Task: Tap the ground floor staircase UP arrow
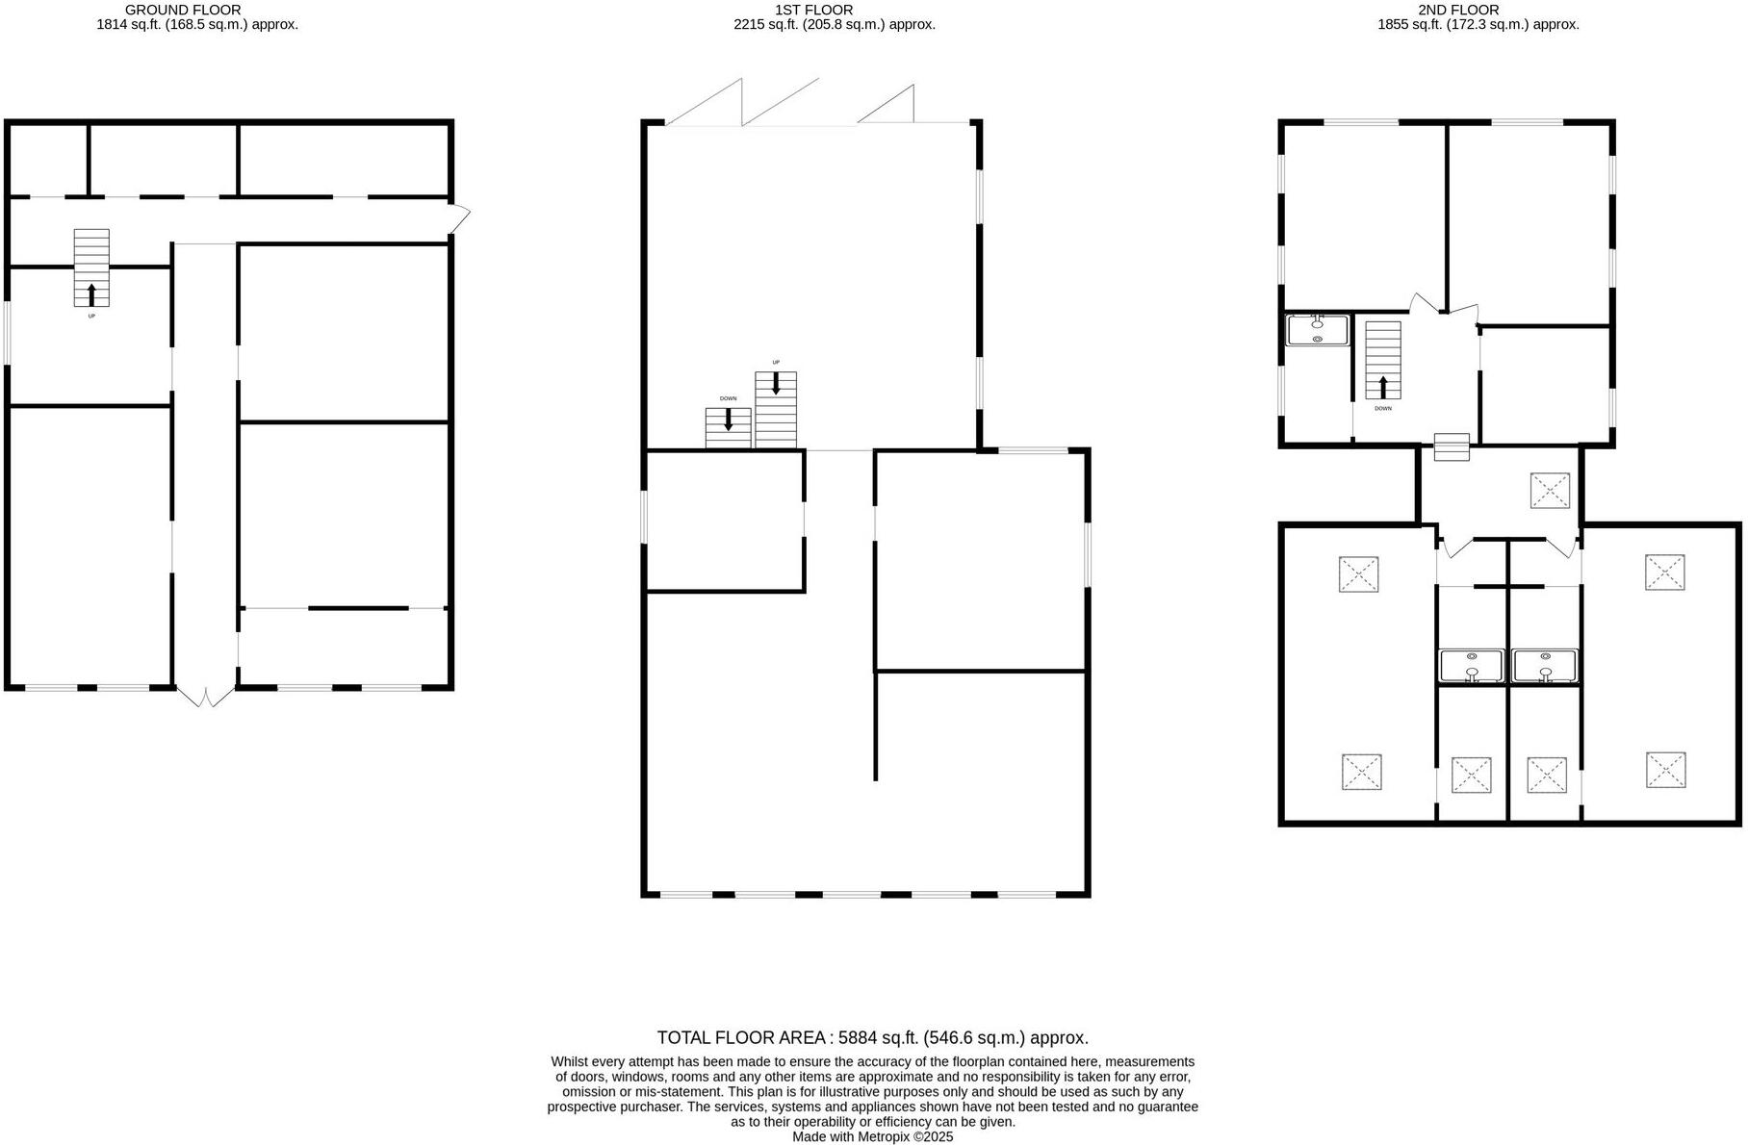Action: (91, 293)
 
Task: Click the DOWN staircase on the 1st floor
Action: (728, 427)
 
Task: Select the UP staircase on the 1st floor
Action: (776, 409)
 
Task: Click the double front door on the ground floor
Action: (205, 697)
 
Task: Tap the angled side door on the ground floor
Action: (460, 218)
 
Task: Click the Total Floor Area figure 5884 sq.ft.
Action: (872, 1037)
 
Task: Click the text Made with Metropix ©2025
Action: (872, 1136)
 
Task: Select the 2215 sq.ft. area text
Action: (834, 25)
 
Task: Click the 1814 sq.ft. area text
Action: (196, 25)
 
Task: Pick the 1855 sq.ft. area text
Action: (1478, 25)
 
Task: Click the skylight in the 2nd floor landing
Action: (1550, 490)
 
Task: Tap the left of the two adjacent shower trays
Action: (1471, 666)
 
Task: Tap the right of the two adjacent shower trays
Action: (1544, 666)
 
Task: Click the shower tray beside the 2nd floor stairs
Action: (1317, 330)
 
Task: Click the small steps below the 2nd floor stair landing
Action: (1452, 447)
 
